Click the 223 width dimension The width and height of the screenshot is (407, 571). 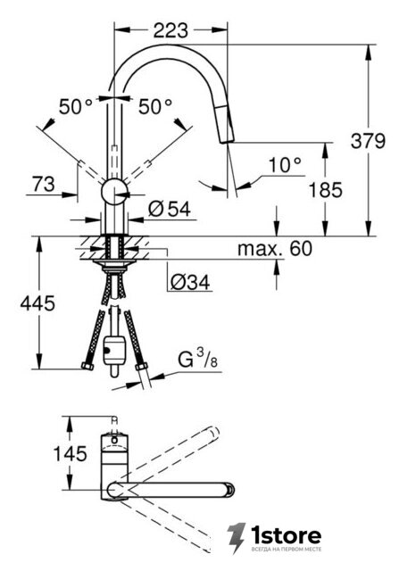(170, 30)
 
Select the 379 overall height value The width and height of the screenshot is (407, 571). (368, 141)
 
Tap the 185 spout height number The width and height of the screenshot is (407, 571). (326, 190)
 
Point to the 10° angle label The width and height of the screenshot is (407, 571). (286, 165)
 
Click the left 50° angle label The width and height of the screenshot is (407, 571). (76, 107)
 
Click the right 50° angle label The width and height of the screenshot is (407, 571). (155, 107)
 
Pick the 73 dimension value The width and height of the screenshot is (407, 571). (44, 184)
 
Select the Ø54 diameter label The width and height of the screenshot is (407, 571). (170, 210)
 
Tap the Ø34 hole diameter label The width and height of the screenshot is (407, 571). (190, 282)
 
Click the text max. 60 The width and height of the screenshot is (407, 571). (275, 249)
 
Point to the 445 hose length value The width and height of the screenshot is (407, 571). (37, 303)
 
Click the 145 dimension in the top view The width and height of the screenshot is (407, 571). (71, 454)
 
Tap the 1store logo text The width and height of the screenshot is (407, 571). (286, 535)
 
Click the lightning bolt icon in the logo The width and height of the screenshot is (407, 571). (236, 538)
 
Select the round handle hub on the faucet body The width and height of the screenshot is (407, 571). (114, 192)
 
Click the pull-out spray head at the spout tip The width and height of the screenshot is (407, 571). (226, 124)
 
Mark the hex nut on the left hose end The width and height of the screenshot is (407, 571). (87, 366)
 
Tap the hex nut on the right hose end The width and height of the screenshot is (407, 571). (141, 366)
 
